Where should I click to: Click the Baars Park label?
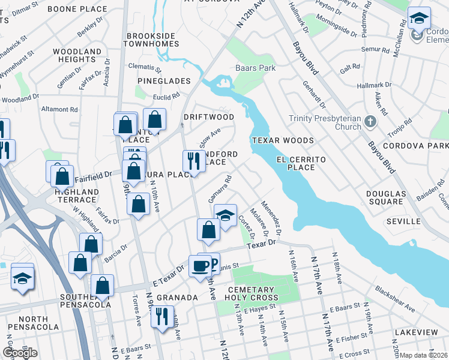click(x=255, y=68)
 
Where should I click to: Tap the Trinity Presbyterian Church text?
click(x=325, y=122)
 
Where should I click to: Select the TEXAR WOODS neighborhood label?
click(x=283, y=140)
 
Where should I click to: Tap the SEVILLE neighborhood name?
click(x=403, y=221)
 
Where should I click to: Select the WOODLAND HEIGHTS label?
click(x=77, y=56)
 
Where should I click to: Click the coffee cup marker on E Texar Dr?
click(x=200, y=265)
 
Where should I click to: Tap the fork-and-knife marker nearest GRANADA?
click(x=161, y=316)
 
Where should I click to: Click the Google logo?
click(x=20, y=353)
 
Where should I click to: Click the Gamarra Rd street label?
click(x=219, y=189)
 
